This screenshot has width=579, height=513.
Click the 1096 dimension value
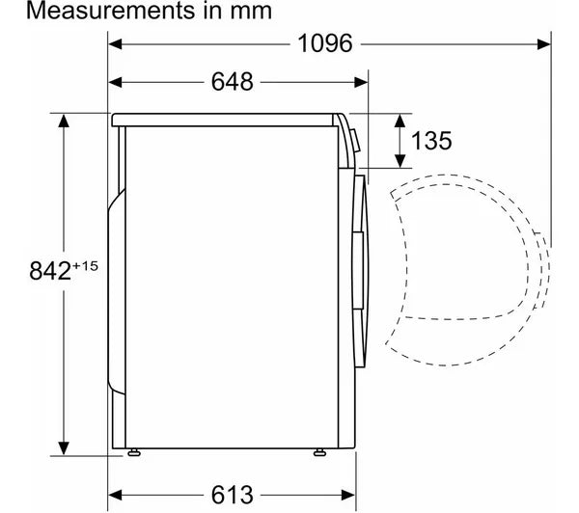click(325, 44)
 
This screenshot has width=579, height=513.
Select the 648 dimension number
click(233, 82)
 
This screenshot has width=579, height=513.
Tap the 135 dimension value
click(431, 141)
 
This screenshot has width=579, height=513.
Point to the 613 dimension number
click(233, 495)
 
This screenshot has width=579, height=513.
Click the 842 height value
click(50, 271)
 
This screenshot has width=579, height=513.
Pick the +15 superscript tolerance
click(85, 266)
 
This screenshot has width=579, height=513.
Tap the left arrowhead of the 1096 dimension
click(115, 44)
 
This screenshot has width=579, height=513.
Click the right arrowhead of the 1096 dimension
click(544, 44)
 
